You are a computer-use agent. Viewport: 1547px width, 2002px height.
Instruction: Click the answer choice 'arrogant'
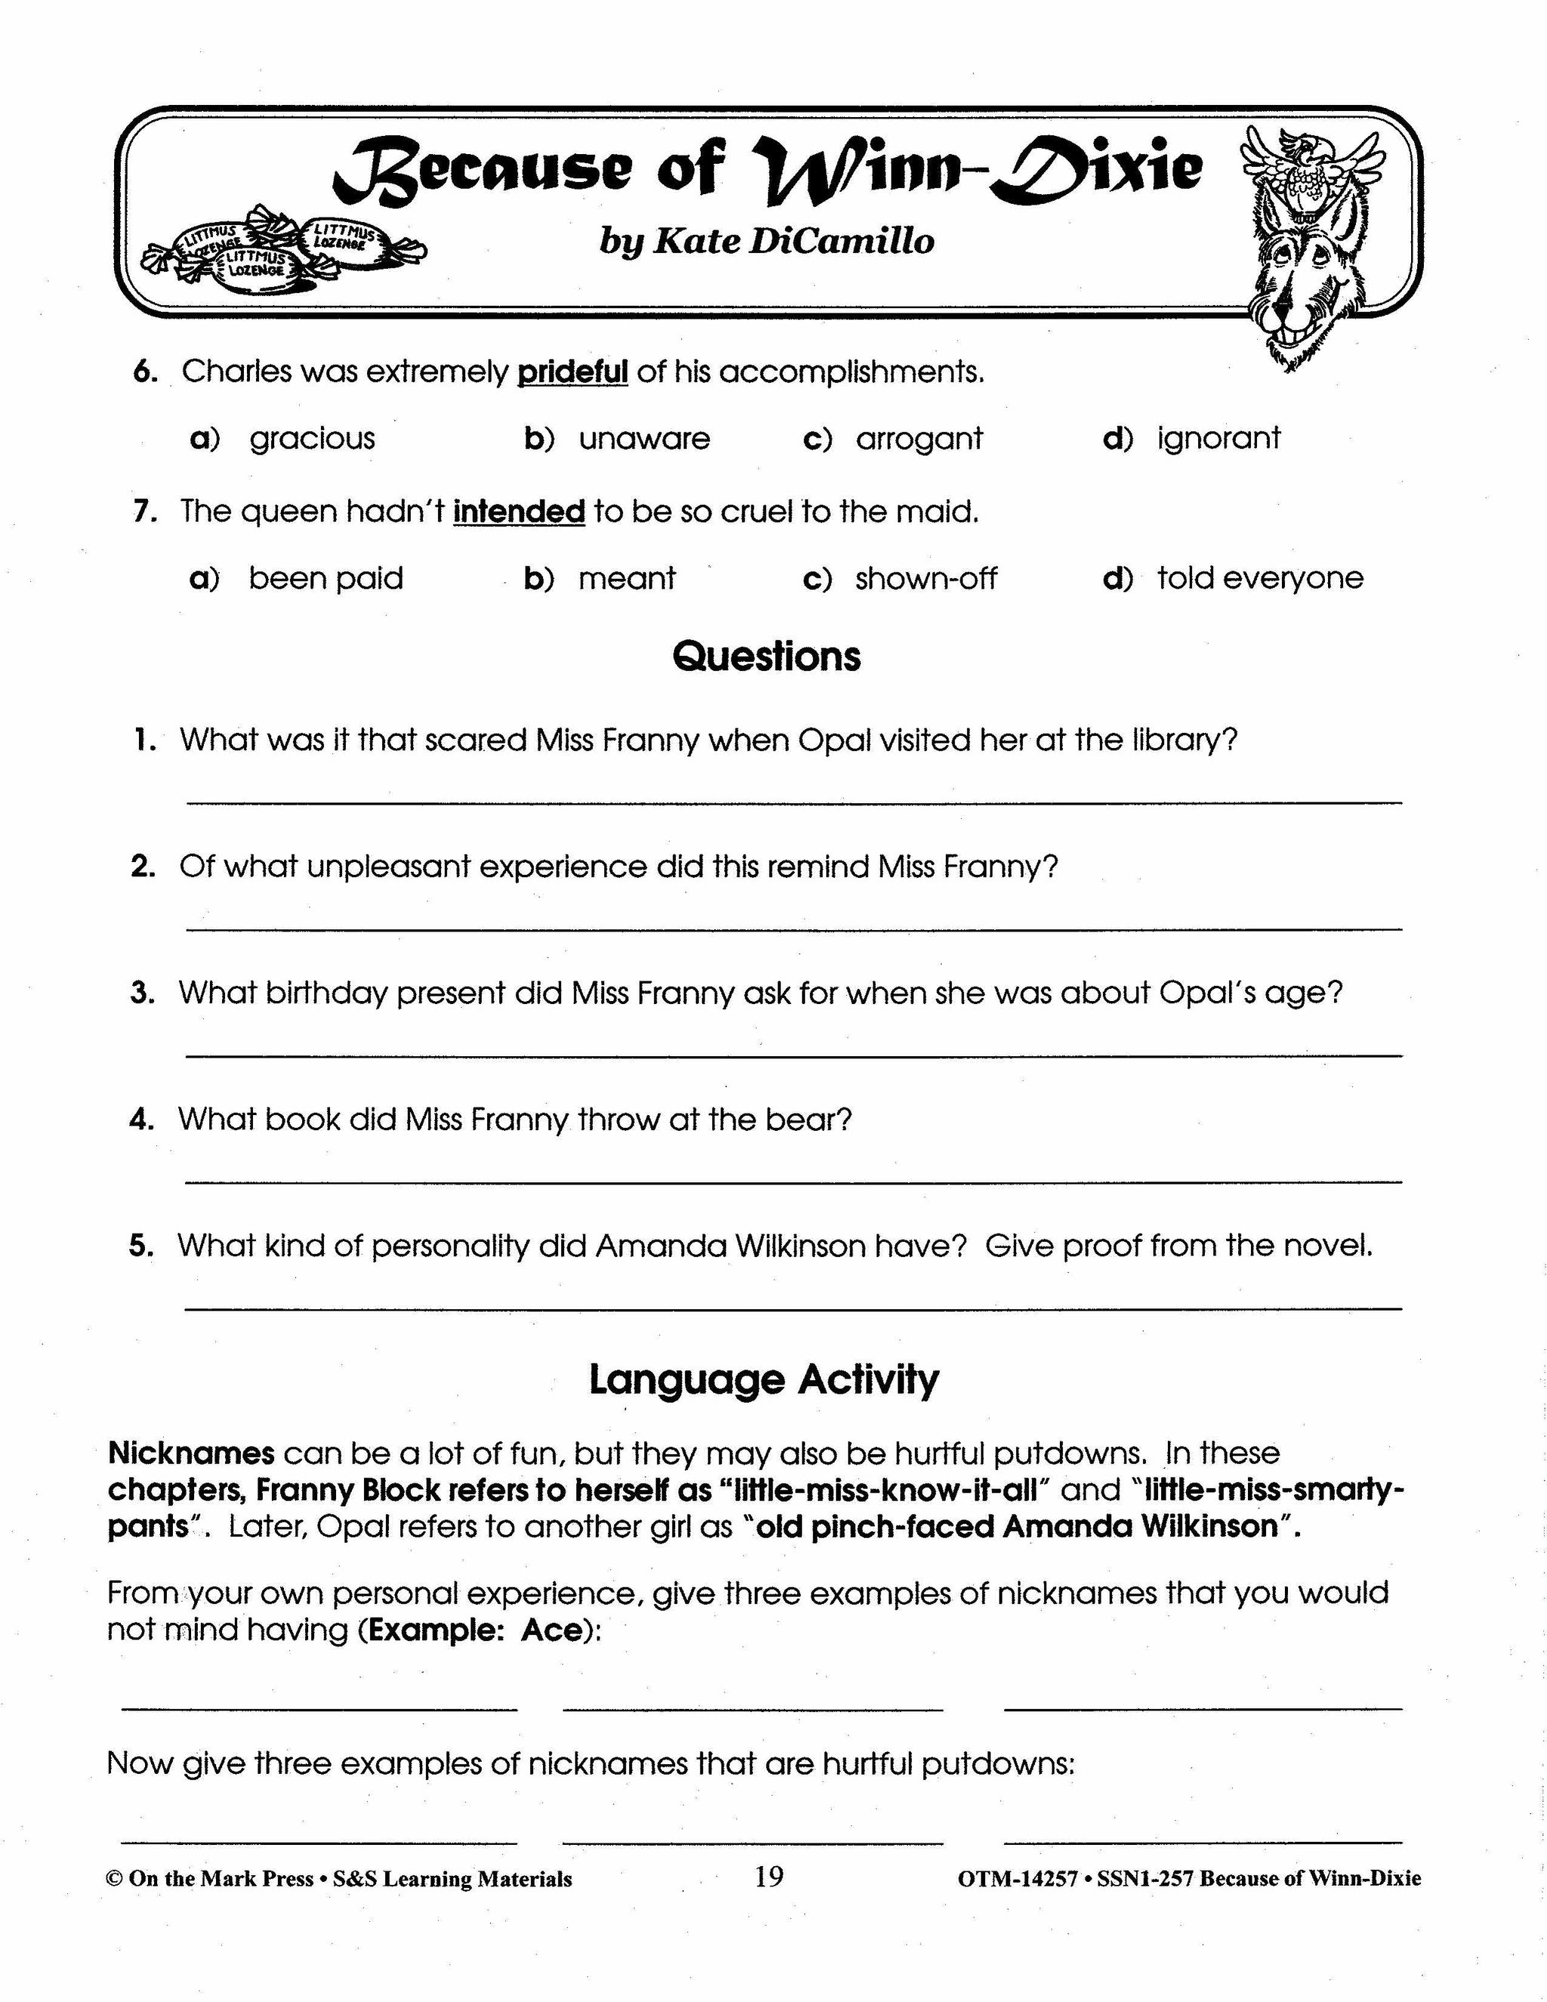point(919,439)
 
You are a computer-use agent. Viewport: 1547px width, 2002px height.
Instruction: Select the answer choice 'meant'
point(627,579)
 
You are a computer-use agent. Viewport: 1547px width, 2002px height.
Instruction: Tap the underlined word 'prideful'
point(573,372)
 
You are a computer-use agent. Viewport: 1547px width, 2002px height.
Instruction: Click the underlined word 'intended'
point(519,511)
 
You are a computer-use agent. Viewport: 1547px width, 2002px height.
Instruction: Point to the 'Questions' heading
point(766,657)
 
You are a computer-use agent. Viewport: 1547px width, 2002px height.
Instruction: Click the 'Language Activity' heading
point(764,1379)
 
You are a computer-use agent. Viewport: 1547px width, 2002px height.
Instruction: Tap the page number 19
point(769,1877)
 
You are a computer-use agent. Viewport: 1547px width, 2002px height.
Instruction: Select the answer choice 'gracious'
point(312,439)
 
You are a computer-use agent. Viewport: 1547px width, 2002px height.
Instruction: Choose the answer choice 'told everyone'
point(1259,579)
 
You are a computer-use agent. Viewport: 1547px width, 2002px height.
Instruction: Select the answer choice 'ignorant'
point(1218,439)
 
